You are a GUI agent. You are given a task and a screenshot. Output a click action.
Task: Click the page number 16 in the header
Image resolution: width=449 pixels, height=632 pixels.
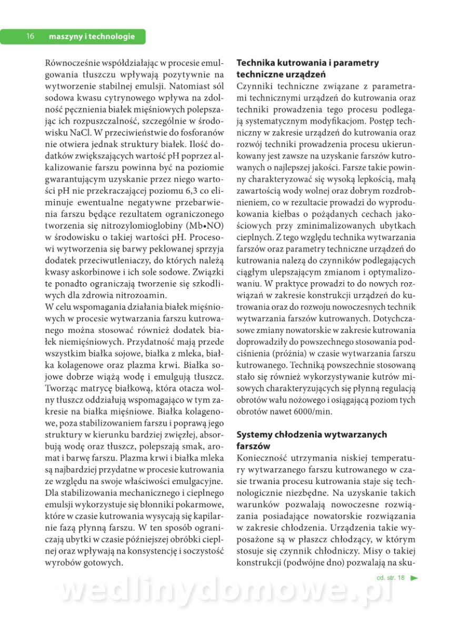click(30, 36)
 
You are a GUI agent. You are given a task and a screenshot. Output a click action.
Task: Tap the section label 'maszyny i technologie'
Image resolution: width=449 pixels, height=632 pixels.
click(92, 36)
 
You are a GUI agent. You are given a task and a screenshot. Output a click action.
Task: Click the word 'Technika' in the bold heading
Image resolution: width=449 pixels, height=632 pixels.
click(256, 63)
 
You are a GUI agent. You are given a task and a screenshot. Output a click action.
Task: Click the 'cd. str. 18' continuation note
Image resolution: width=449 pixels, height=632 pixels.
click(391, 578)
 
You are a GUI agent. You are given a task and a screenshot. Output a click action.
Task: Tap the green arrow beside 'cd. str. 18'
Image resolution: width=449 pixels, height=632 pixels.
click(414, 578)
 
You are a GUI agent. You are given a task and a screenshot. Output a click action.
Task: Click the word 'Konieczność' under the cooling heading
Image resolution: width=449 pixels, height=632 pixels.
click(263, 457)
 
